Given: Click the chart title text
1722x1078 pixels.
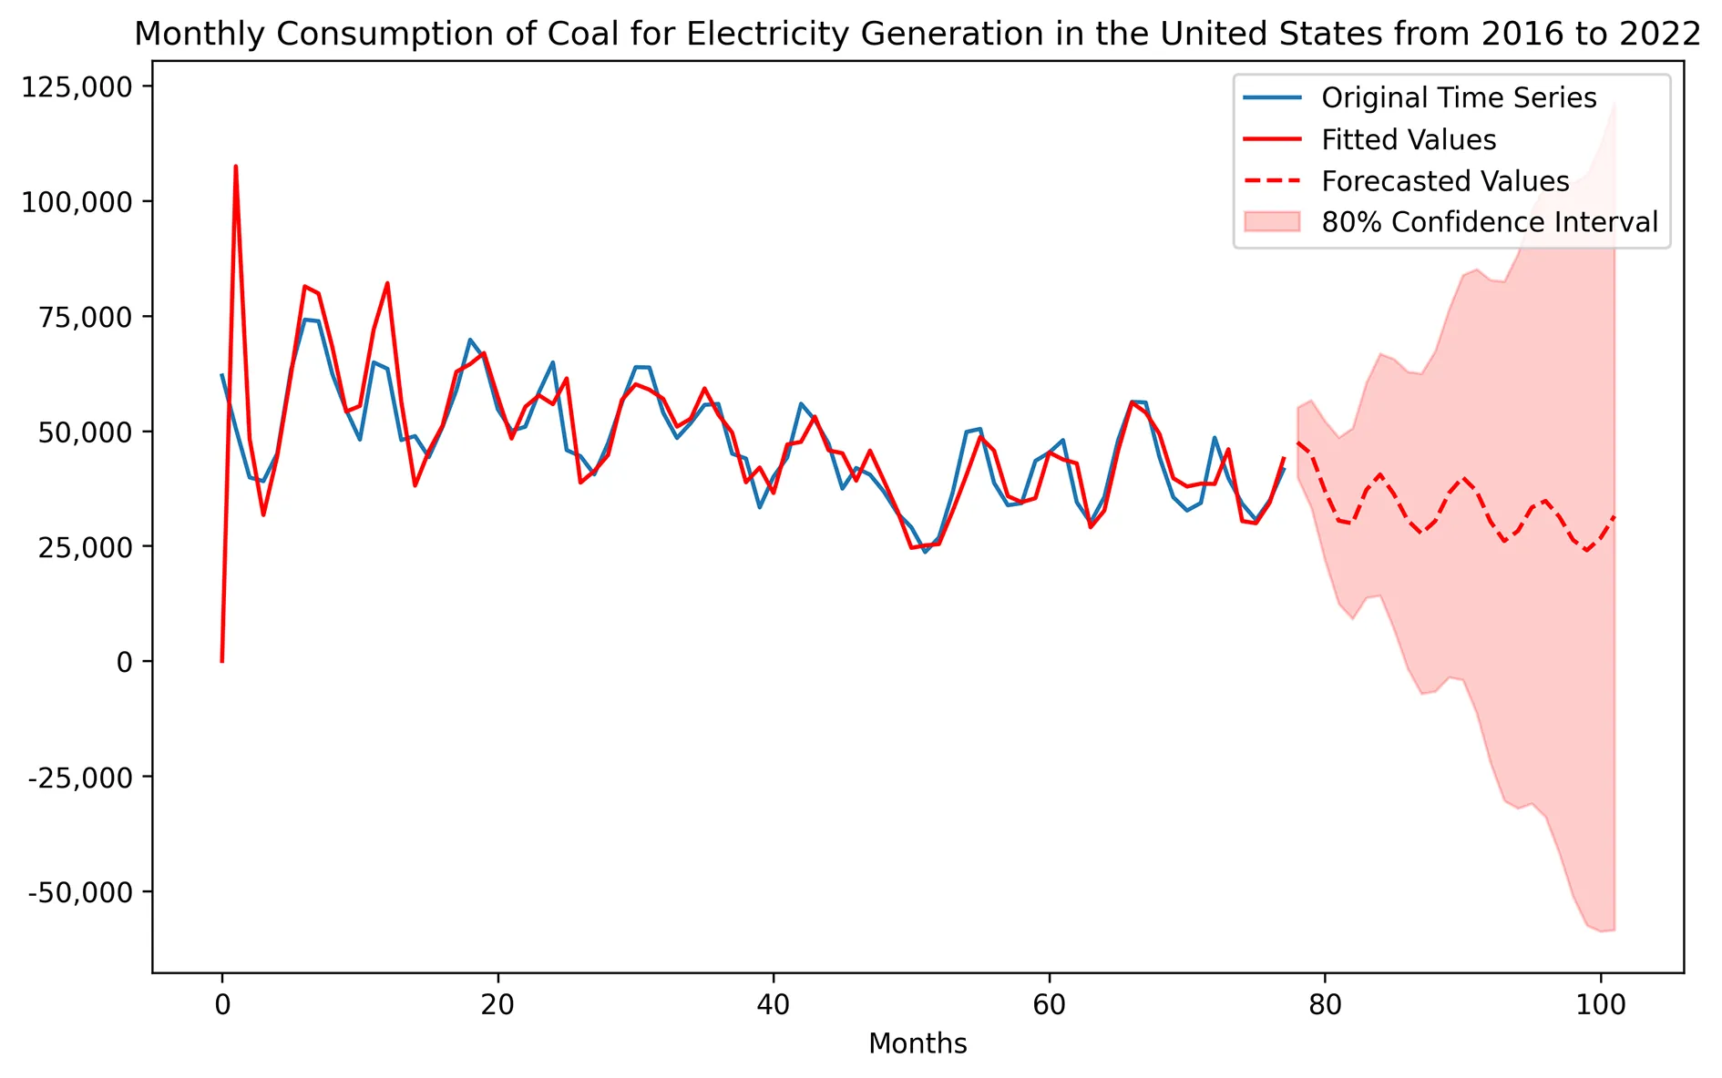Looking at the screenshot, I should coord(917,34).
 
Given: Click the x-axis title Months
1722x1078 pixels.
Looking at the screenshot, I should coord(917,1043).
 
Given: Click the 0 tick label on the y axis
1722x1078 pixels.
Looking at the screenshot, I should coord(124,662).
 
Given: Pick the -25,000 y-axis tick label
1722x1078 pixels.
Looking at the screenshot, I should coord(80,778).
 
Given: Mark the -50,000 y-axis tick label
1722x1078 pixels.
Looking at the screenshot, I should coord(80,892).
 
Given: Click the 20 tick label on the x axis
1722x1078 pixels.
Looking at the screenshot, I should coord(497,1005).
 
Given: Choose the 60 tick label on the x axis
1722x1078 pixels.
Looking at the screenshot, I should coord(1049,1005).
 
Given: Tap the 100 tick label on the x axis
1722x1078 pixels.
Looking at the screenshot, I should coord(1600,1005).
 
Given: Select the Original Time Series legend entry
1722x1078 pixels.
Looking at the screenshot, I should coord(1458,98).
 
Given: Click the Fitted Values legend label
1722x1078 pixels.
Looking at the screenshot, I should coord(1408,140).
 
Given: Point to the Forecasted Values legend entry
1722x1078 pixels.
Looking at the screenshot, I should coord(1444,181).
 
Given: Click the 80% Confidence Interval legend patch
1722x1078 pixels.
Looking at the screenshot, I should coord(1272,222).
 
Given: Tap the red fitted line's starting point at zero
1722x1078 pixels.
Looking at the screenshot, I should coord(222,661).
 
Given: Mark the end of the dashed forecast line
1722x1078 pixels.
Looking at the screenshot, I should coord(1614,516).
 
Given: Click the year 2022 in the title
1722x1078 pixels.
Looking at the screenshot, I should coord(1666,34).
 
